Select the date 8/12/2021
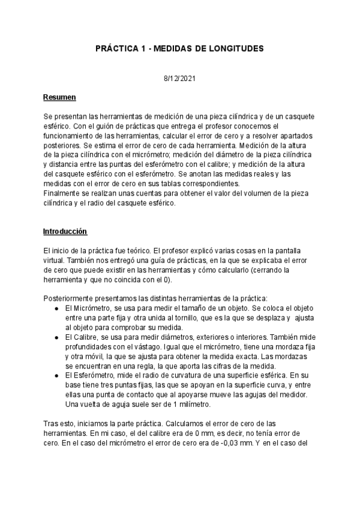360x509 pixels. point(180,79)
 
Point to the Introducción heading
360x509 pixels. point(65,231)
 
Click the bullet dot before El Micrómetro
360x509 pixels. point(56,307)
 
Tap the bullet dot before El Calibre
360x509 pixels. point(56,337)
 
